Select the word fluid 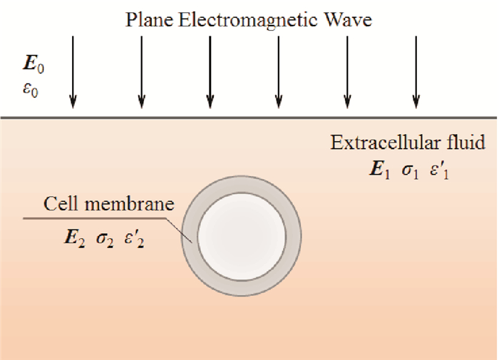[463, 143]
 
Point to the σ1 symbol [411, 174]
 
